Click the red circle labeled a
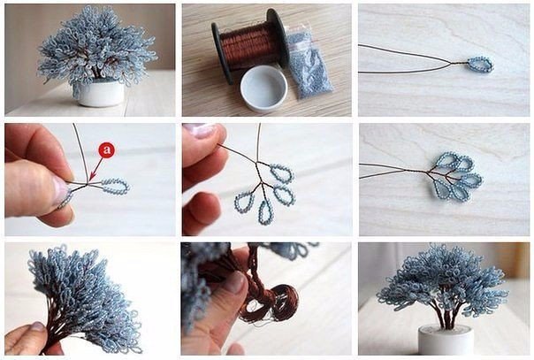[107, 149]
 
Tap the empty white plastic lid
[264, 88]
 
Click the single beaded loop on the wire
[480, 65]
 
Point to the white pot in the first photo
[99, 92]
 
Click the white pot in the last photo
[446, 340]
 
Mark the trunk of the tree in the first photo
[96, 69]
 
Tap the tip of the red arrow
[89, 180]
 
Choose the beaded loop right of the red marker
[116, 186]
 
